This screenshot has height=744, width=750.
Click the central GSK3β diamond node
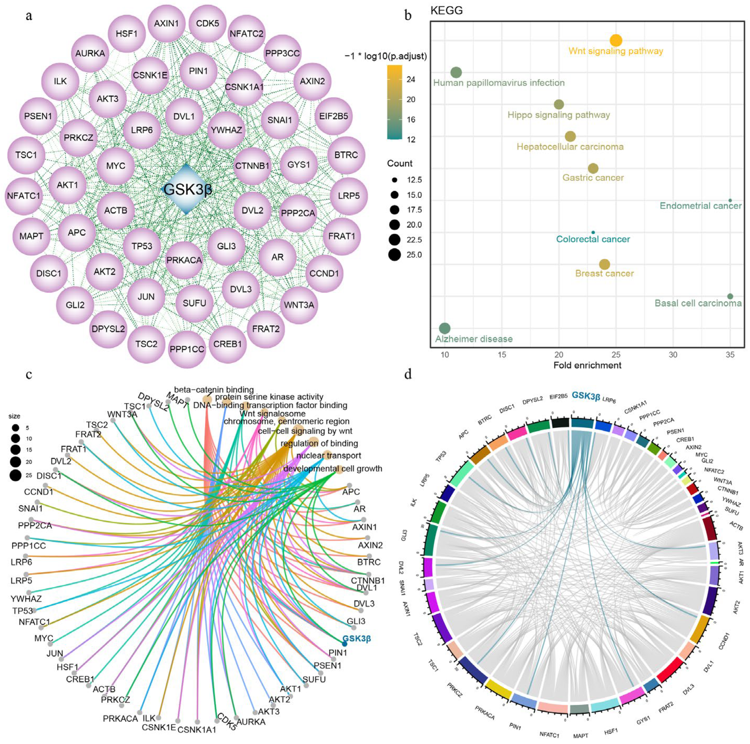coord(187,189)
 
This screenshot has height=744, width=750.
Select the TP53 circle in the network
coord(142,246)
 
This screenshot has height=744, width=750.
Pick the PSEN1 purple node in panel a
coord(38,116)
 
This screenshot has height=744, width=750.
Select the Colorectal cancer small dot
coord(593,232)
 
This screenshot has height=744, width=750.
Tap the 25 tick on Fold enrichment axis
coord(616,355)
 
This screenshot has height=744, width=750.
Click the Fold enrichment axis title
coord(587,365)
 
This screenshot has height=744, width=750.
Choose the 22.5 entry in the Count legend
coord(395,240)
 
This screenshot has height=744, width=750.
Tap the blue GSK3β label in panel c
coord(356,638)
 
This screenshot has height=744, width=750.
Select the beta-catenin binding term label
coord(214,389)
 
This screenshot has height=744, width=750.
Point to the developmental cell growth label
coord(333,469)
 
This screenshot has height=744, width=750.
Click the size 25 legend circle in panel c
coord(16,475)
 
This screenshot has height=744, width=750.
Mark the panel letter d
coord(408,375)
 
